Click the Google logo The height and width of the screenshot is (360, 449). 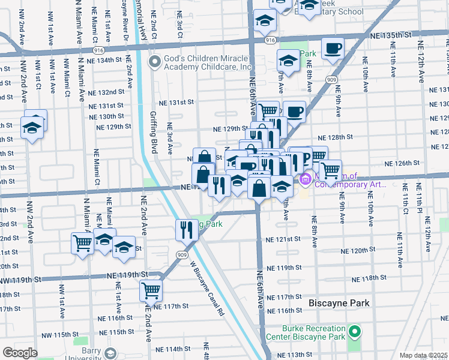click(20, 353)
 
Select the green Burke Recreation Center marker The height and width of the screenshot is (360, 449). click(354, 331)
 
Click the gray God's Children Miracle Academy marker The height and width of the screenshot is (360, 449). click(155, 61)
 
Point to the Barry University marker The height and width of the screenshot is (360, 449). click(110, 352)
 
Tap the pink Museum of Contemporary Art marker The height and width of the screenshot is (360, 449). click(304, 178)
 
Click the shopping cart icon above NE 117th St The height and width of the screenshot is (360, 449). click(151, 291)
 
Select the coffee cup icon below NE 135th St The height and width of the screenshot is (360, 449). click(332, 49)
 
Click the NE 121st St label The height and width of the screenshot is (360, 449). click(283, 239)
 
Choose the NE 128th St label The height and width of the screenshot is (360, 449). click(336, 137)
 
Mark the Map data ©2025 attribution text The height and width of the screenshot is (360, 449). click(423, 355)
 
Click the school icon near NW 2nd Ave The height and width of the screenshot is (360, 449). click(32, 128)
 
